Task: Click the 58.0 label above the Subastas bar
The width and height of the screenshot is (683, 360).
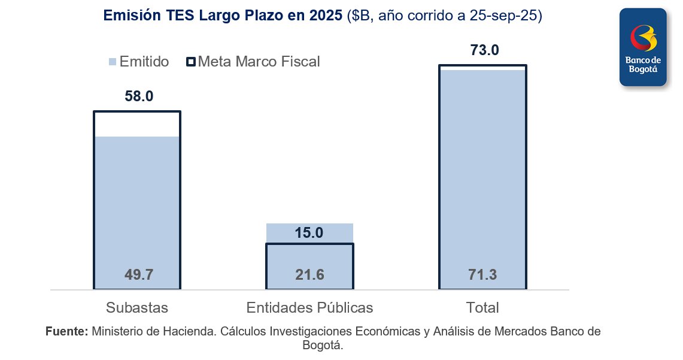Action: pyautogui.click(x=139, y=96)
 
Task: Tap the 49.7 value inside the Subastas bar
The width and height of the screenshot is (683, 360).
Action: pyautogui.click(x=139, y=275)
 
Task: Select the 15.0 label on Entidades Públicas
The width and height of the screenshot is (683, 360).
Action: pyautogui.click(x=309, y=233)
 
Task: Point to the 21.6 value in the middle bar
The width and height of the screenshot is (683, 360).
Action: pyautogui.click(x=309, y=275)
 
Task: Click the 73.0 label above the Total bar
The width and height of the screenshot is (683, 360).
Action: pyautogui.click(x=484, y=50)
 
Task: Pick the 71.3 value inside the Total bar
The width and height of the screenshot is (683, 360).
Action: pyautogui.click(x=482, y=275)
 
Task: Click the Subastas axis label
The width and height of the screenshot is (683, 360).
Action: pyautogui.click(x=137, y=308)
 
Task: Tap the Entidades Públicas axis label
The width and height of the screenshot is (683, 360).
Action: pyautogui.click(x=309, y=308)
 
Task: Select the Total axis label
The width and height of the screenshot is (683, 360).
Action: pyautogui.click(x=482, y=308)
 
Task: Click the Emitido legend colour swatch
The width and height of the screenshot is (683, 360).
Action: pyautogui.click(x=112, y=62)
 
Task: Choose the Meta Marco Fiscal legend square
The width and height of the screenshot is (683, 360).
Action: pyautogui.click(x=191, y=62)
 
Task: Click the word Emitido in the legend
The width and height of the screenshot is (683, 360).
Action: pyautogui.click(x=144, y=62)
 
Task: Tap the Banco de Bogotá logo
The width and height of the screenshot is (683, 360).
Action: pyautogui.click(x=643, y=47)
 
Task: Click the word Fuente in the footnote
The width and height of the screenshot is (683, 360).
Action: pyautogui.click(x=66, y=331)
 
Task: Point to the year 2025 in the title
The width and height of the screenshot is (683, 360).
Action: pyautogui.click(x=326, y=16)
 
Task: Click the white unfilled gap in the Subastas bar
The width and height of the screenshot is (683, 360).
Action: pyautogui.click(x=137, y=124)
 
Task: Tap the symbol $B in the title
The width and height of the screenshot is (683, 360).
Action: pyautogui.click(x=360, y=16)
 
